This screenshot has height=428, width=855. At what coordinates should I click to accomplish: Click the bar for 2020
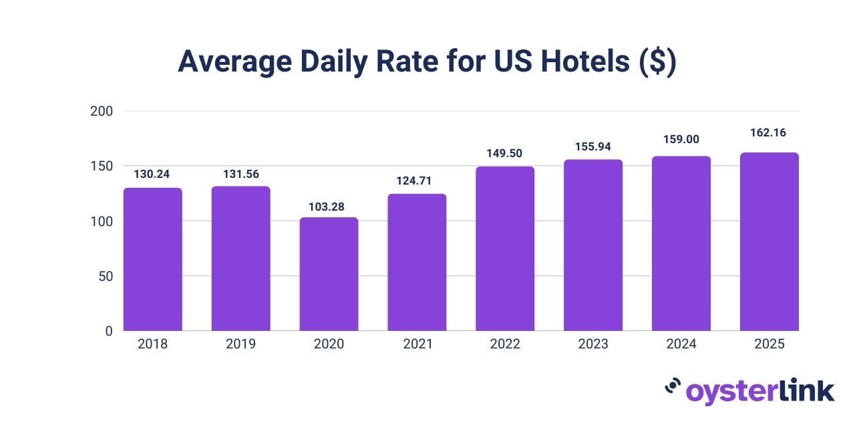coord(329,274)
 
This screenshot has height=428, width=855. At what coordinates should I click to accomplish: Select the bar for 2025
coord(769,242)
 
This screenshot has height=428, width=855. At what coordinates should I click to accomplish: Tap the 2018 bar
coord(153,259)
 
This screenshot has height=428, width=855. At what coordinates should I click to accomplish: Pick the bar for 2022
coord(505,249)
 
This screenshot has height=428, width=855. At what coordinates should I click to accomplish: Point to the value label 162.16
coord(767,132)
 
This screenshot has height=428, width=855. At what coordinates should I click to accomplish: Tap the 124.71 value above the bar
coord(417,181)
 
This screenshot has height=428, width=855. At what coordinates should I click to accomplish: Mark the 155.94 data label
coord(593,146)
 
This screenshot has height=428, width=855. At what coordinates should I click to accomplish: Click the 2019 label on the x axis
coord(241,344)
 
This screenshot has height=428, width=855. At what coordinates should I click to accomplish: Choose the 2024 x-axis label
coord(681,344)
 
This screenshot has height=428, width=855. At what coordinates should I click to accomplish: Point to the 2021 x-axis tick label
coord(417,344)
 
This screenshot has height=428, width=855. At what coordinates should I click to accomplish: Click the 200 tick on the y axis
coord(102,111)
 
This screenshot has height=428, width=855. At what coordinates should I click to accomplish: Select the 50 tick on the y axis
coord(106,276)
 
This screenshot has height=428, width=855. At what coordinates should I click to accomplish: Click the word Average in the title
coord(234,62)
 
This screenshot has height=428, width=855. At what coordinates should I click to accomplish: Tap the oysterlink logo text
coord(760,391)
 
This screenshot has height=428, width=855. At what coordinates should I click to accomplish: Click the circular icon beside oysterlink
coord(673,387)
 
